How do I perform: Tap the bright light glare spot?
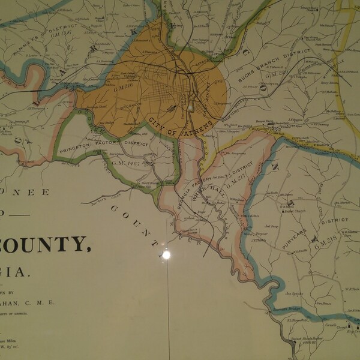coord(166,254)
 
